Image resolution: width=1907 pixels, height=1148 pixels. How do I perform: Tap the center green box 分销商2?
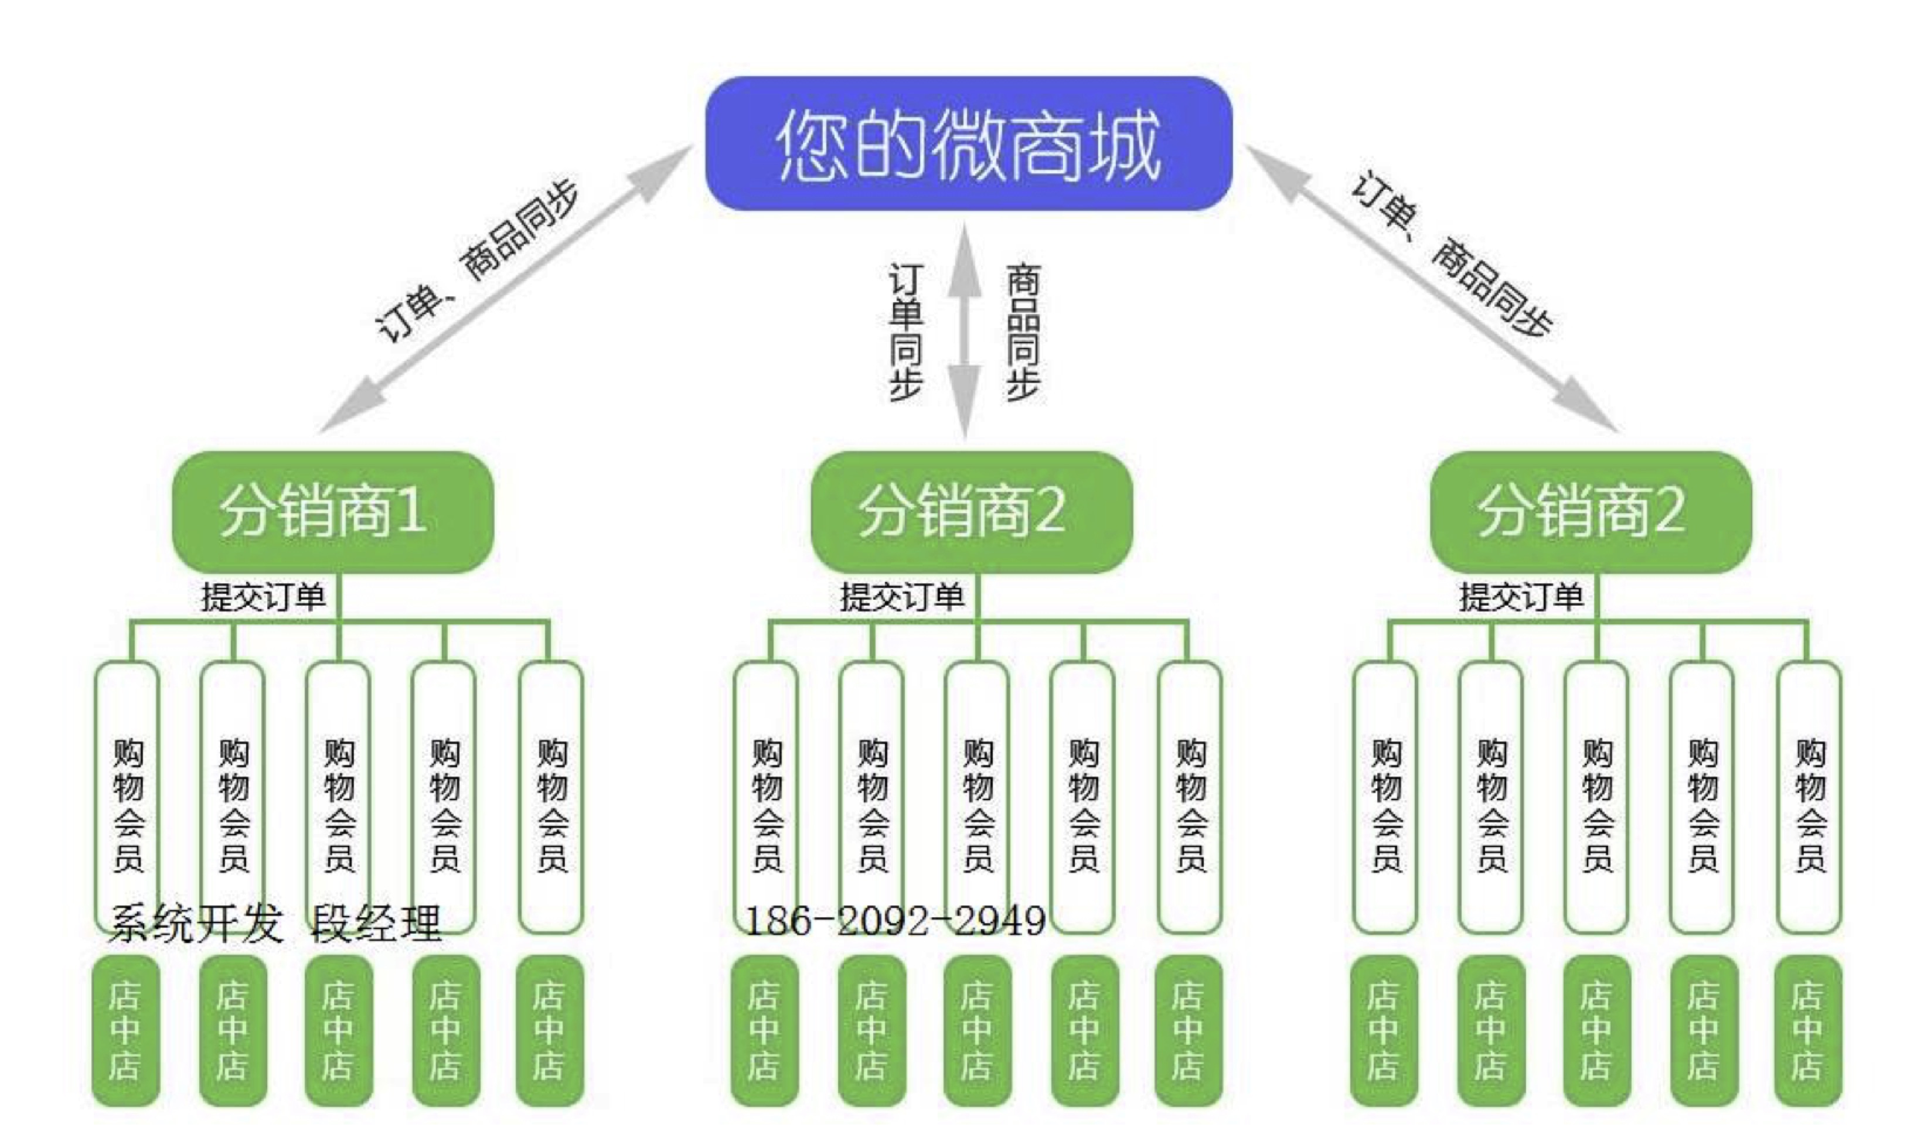[970, 511]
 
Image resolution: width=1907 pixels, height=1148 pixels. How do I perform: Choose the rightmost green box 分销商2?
[1591, 511]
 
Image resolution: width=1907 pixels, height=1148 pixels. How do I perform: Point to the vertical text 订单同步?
[905, 333]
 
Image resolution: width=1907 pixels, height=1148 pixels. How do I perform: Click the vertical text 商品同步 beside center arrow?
[1023, 333]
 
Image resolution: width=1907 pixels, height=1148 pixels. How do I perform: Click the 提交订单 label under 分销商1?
[263, 596]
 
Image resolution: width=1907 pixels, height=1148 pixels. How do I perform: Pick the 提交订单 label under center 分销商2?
[903, 596]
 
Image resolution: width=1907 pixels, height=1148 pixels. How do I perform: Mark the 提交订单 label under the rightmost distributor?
[1521, 596]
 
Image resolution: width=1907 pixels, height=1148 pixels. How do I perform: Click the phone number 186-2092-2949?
[894, 921]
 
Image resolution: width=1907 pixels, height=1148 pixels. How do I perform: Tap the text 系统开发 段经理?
[275, 923]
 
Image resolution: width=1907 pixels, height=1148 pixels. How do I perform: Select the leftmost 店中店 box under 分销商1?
[125, 1030]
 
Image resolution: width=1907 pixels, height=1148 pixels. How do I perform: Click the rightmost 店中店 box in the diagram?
[1808, 1030]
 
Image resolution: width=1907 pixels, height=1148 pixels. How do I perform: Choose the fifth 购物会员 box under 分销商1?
[551, 797]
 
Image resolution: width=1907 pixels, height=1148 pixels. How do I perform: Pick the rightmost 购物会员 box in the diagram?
[1810, 797]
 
